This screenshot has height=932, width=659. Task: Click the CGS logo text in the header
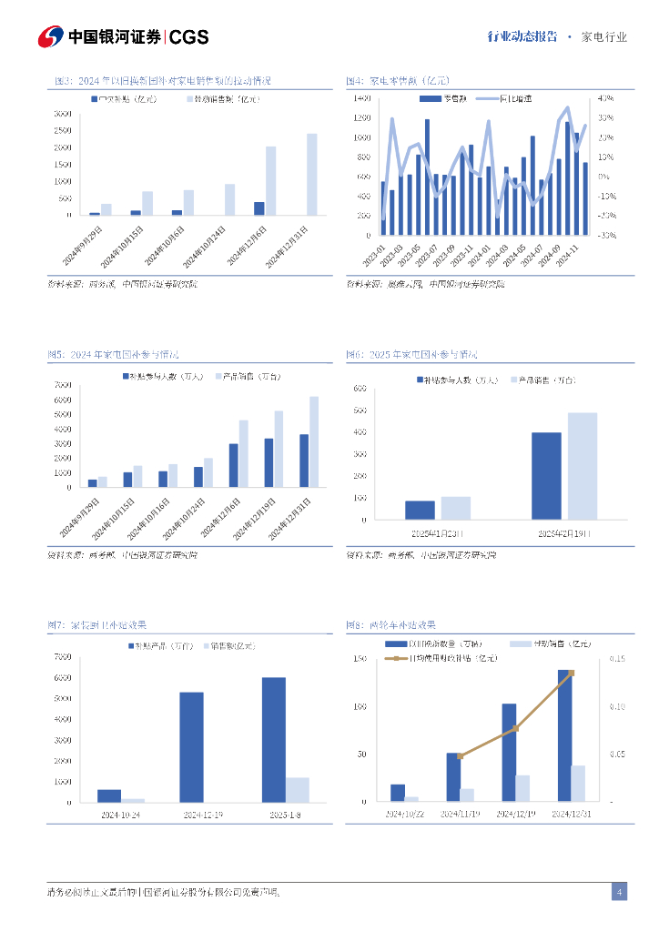click(x=189, y=36)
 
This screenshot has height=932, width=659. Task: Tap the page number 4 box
click(x=619, y=892)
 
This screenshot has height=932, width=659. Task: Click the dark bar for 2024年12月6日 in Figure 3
click(x=259, y=208)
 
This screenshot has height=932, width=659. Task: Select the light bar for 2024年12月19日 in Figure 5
click(x=279, y=449)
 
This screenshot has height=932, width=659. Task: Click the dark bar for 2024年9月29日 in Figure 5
click(x=92, y=483)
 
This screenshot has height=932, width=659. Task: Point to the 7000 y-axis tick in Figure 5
click(x=63, y=385)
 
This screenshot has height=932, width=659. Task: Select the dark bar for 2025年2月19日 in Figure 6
click(x=546, y=476)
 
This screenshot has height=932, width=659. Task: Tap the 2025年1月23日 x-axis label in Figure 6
click(x=437, y=532)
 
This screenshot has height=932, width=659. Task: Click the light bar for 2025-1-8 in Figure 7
click(x=298, y=790)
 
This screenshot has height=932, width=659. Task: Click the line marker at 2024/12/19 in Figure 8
click(x=515, y=728)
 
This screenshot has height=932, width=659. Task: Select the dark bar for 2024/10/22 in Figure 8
click(x=398, y=793)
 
